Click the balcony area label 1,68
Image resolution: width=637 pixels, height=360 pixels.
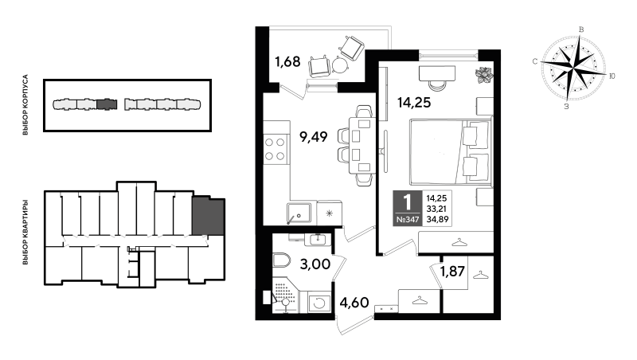click(x=287, y=62)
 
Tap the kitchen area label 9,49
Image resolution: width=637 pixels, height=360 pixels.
click(x=313, y=137)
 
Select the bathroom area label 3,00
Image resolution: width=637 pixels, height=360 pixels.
click(x=315, y=264)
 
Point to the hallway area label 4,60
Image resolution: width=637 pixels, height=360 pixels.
click(x=354, y=303)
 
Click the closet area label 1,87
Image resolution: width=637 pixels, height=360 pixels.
click(x=452, y=271)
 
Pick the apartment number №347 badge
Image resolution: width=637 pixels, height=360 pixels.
click(x=408, y=220)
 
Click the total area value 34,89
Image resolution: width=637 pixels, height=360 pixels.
click(x=436, y=220)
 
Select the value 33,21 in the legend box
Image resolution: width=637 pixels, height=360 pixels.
click(x=436, y=209)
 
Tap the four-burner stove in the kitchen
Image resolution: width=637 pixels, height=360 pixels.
click(x=275, y=149)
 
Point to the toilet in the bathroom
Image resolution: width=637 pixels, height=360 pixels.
click(x=281, y=260)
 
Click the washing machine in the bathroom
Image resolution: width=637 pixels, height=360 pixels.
click(x=319, y=303)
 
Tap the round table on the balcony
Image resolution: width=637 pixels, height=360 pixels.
click(x=341, y=65)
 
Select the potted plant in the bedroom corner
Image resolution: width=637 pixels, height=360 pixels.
click(x=484, y=75)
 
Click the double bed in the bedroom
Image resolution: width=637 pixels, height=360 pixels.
click(x=450, y=151)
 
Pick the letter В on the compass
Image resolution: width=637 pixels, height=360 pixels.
click(x=581, y=29)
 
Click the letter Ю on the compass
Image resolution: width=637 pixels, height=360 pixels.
click(x=612, y=76)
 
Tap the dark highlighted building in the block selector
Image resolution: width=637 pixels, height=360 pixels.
click(x=107, y=104)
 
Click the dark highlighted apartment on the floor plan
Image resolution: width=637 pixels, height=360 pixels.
click(x=209, y=216)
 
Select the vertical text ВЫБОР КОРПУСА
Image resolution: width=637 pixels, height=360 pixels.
click(x=25, y=105)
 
